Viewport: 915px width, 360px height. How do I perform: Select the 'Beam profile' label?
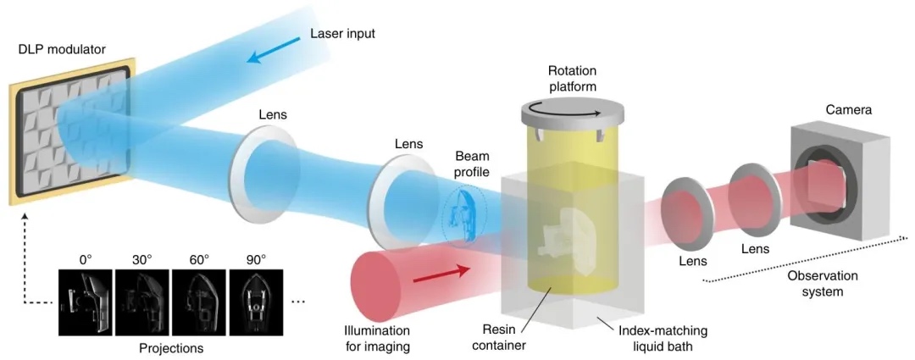tap(472, 165)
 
